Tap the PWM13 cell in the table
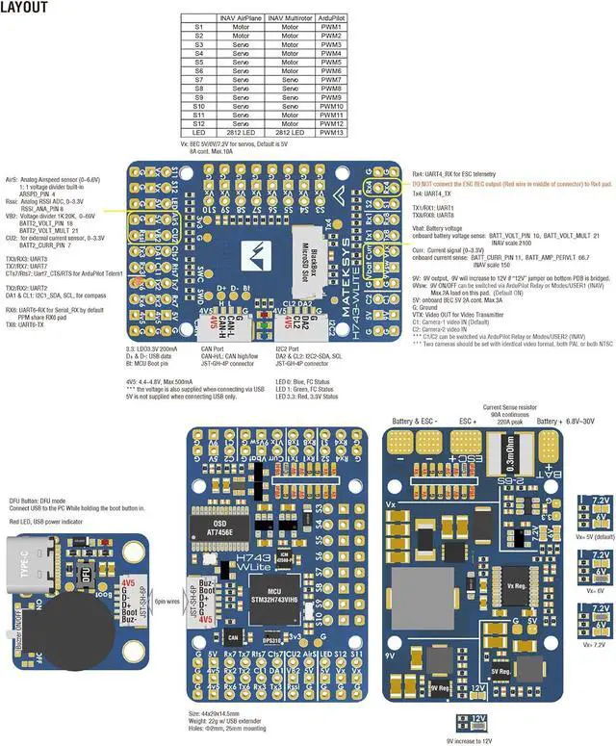[x=331, y=132]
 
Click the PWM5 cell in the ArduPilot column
[x=331, y=63]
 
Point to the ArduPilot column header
[x=331, y=18]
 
